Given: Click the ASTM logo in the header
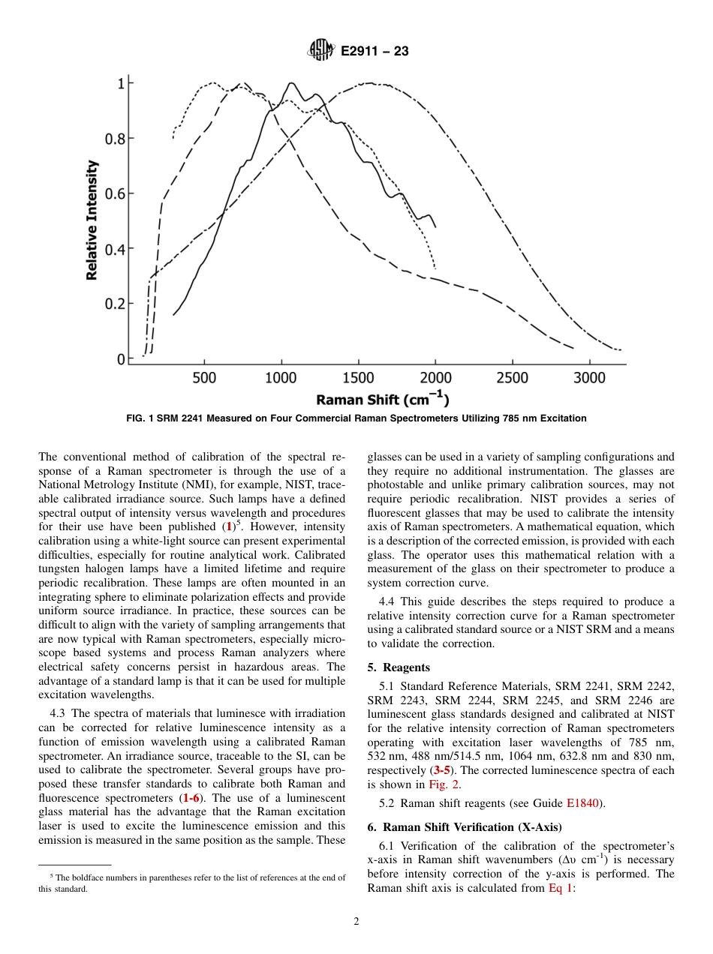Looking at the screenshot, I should click(321, 51).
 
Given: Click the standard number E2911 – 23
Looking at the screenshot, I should click(375, 52).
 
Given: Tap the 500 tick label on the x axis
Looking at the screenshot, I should click(204, 377).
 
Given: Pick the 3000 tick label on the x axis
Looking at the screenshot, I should click(589, 377).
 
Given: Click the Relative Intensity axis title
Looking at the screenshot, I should click(92, 220).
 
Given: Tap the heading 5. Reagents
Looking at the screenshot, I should click(398, 667).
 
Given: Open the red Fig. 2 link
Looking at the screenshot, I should click(444, 784).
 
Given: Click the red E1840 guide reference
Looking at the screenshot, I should click(582, 803).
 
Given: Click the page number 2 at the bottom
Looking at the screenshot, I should click(356, 922).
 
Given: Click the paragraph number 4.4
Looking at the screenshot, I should click(389, 601).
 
